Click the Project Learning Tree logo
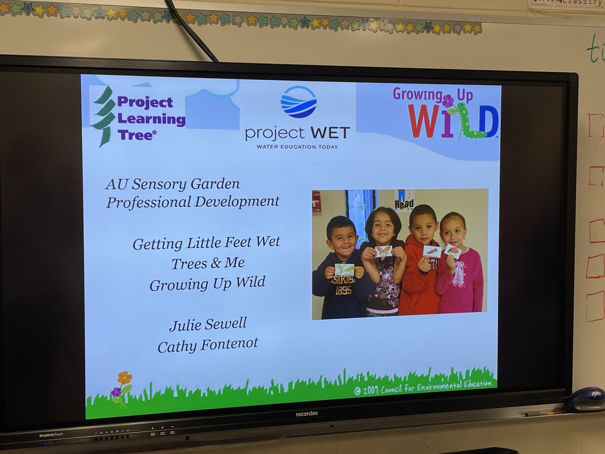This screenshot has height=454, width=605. click(138, 117)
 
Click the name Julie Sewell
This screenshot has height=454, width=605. click(208, 324)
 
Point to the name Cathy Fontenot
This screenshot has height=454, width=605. click(208, 345)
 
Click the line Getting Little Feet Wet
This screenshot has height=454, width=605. click(206, 243)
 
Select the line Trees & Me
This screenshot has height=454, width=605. click(208, 263)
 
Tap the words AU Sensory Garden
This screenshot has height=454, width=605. click(172, 184)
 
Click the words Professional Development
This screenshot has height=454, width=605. click(193, 202)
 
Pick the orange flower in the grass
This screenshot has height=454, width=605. click(124, 378)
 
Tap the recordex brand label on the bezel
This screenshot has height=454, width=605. click(307, 414)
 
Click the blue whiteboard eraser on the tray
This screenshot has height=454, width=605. click(585, 400)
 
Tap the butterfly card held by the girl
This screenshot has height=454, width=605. click(383, 251)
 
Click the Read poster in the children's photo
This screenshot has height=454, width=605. click(404, 200)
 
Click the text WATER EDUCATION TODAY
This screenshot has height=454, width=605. click(297, 147)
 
